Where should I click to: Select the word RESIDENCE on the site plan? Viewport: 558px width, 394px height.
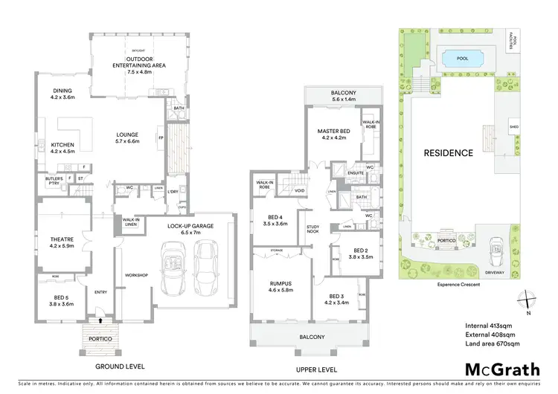[x=449, y=153]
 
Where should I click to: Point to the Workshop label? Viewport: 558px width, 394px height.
[x=137, y=275]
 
